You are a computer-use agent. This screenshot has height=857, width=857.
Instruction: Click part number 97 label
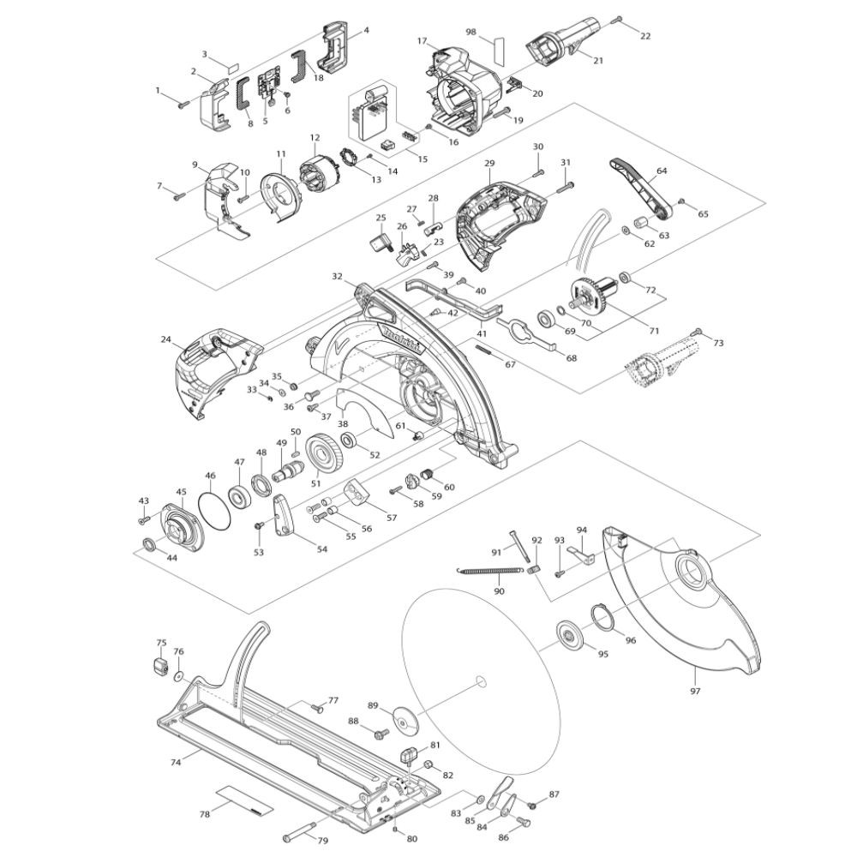[695, 690]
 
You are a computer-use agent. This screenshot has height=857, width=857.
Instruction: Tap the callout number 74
[176, 761]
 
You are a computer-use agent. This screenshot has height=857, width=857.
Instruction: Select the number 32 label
[338, 277]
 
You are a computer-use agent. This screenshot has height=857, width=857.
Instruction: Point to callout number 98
[470, 32]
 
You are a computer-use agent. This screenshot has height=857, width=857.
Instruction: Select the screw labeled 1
[183, 105]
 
